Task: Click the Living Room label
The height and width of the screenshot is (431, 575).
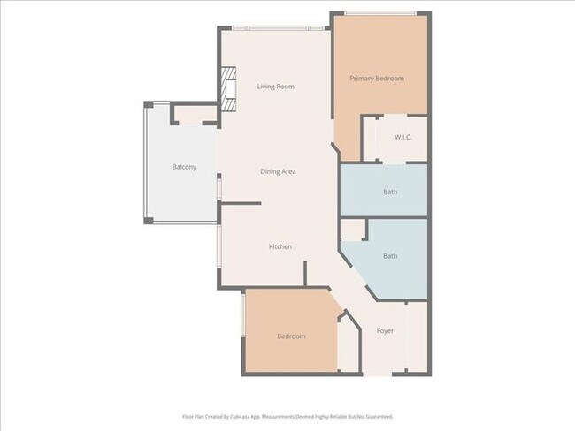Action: (275, 87)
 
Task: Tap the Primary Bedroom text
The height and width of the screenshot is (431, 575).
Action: (376, 79)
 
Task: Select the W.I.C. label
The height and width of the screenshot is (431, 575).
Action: (403, 137)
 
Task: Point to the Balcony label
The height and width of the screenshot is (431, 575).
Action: (184, 167)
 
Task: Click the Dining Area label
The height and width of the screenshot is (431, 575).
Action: (278, 171)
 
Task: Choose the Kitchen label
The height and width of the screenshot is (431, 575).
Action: (280, 246)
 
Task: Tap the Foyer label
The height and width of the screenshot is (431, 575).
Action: (385, 332)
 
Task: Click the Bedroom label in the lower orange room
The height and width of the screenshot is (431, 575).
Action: (291, 336)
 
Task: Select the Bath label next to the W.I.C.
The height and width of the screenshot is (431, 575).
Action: (390, 192)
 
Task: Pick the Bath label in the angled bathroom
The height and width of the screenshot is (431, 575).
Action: (390, 256)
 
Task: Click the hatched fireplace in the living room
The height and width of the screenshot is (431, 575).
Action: (231, 91)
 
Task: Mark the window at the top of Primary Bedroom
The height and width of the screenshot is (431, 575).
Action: (379, 13)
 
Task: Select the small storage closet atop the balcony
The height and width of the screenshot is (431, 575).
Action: (194, 115)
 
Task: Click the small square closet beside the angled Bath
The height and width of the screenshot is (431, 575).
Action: (353, 229)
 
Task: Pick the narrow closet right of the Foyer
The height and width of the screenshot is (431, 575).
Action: (417, 336)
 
